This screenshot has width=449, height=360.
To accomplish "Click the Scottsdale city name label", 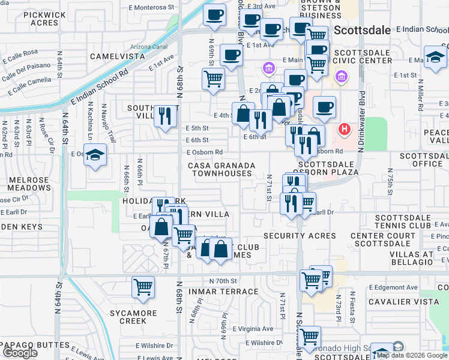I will pos(362,30).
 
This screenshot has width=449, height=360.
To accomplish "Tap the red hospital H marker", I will pos(345,128).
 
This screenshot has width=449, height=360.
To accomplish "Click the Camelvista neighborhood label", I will pos(118,56).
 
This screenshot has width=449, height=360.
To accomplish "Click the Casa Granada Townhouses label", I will pos(221,169).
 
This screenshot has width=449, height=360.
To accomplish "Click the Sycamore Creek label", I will pos(133,317).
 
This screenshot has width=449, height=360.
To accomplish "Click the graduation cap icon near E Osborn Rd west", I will pos(95,156).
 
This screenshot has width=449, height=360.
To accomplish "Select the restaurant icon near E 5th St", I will pos(165,116).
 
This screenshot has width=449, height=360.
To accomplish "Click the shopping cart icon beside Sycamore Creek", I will pos(143,287).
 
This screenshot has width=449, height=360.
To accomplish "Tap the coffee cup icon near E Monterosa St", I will pos(214,15).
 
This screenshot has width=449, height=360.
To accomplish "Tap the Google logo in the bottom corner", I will pos(20,353).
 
